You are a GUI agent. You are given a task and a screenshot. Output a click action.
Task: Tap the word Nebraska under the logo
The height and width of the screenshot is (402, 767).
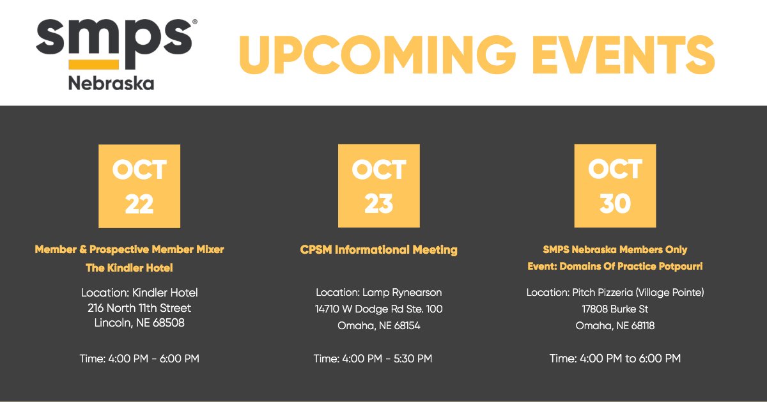(x=111, y=83)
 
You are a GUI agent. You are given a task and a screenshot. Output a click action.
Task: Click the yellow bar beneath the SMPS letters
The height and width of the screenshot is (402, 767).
(x=93, y=64)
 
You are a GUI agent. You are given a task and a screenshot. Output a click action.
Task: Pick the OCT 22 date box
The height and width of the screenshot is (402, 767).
(x=139, y=186)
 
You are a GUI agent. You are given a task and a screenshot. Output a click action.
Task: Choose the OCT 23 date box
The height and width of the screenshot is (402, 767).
(x=379, y=186)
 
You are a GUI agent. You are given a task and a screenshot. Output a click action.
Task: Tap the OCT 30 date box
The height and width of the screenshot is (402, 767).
(x=615, y=186)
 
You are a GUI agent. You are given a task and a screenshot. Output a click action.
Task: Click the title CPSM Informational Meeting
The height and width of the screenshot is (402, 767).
(x=379, y=250)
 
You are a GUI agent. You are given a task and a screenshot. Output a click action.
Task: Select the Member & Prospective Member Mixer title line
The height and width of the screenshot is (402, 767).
(x=130, y=249)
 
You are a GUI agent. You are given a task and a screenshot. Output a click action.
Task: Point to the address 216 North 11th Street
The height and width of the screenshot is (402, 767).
(x=139, y=309)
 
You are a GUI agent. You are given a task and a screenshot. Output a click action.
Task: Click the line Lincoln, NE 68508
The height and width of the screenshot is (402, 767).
(x=139, y=323)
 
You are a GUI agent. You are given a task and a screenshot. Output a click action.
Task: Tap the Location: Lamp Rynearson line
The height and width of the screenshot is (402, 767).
(x=379, y=293)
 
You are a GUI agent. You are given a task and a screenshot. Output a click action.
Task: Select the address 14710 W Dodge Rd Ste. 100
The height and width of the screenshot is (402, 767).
(x=379, y=309)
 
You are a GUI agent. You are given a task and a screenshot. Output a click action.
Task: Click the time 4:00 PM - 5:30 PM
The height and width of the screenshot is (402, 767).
(x=373, y=359)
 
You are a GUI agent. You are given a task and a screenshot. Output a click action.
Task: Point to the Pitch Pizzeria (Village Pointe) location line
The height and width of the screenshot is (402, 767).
(x=615, y=293)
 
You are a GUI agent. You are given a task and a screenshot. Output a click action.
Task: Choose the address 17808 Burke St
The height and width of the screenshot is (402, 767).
(x=615, y=309)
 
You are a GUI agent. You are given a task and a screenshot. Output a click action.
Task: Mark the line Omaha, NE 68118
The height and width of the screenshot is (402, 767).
(x=615, y=326)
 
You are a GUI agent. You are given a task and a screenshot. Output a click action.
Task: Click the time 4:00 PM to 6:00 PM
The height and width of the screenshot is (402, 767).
(x=615, y=359)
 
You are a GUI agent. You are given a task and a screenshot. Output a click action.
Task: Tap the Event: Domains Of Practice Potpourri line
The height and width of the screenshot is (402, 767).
(x=615, y=266)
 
